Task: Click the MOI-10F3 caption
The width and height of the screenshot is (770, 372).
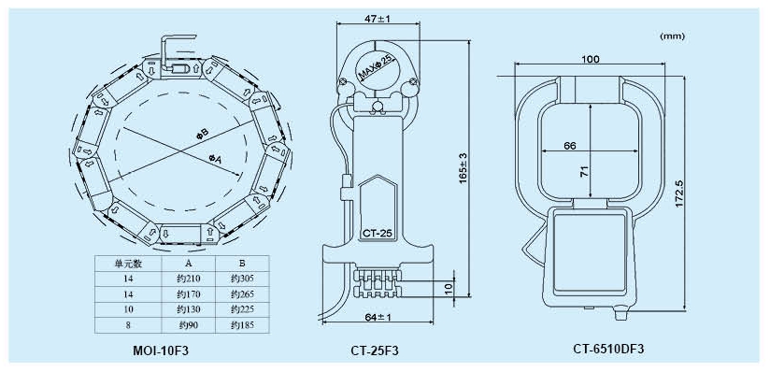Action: tap(161, 351)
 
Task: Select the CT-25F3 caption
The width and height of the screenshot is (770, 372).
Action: tap(375, 351)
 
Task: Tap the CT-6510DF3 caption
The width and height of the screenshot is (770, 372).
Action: tap(608, 349)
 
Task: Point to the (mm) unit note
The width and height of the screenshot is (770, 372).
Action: tap(672, 36)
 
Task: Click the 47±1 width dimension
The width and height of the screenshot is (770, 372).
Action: tap(378, 20)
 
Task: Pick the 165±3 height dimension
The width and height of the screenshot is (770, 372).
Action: tap(463, 168)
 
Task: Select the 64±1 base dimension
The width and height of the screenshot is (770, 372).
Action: tap(378, 318)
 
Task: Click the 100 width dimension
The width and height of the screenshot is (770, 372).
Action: tap(590, 60)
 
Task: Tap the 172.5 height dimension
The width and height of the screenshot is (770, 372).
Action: tap(679, 193)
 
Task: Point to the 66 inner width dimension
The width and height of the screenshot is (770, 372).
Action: tap(570, 146)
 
